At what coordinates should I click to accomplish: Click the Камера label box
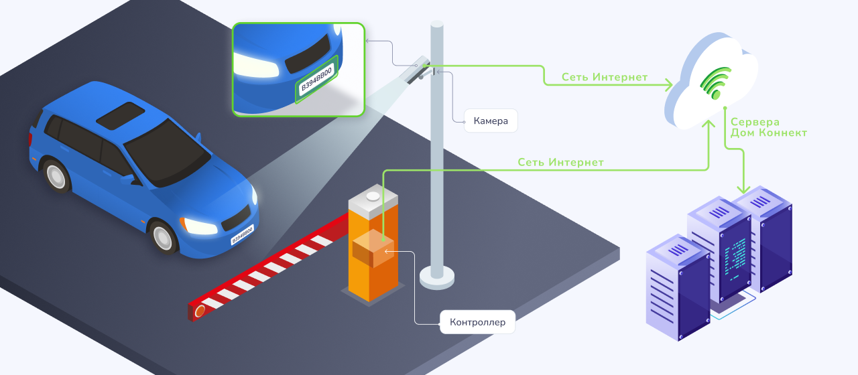491,121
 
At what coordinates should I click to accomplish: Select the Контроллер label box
477,322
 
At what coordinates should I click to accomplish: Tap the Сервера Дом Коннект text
768,127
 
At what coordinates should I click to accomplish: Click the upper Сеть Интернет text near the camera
604,77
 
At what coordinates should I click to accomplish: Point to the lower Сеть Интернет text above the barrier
560,162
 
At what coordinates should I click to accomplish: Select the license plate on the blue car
242,235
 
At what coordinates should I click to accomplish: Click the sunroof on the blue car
120,115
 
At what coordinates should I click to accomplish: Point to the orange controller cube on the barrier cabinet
373,248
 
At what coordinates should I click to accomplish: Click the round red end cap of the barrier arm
200,311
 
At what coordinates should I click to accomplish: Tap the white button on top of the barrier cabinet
373,196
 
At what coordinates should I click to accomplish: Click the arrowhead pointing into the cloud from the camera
668,85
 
